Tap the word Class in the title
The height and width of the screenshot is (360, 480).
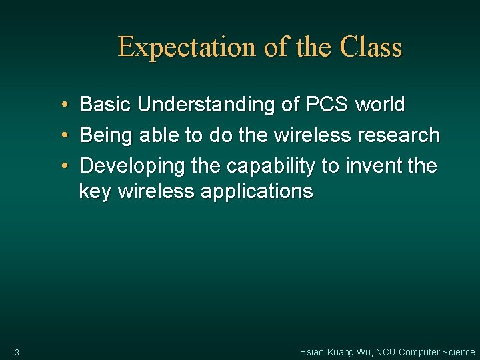tap(371, 48)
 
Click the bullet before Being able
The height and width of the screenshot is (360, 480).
tap(62, 136)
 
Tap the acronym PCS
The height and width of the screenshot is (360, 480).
tap(327, 105)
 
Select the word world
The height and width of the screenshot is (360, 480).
tap(380, 105)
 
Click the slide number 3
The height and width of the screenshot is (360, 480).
tap(17, 352)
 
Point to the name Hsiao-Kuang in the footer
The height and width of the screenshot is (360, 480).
tap(327, 352)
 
